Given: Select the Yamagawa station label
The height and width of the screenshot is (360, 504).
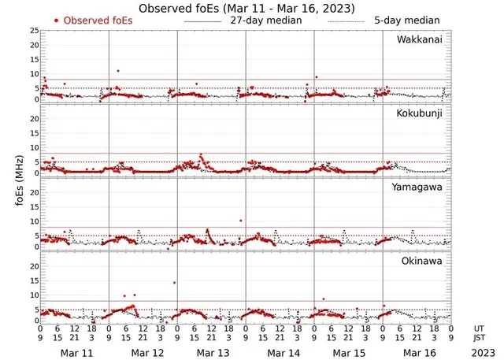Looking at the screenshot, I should [x=421, y=187].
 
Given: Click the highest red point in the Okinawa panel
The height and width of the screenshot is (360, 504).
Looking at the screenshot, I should [x=175, y=283].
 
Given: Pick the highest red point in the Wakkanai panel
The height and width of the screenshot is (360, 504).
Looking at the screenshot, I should [x=118, y=71].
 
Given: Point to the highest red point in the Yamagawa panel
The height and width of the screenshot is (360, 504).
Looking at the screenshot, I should [x=239, y=221].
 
